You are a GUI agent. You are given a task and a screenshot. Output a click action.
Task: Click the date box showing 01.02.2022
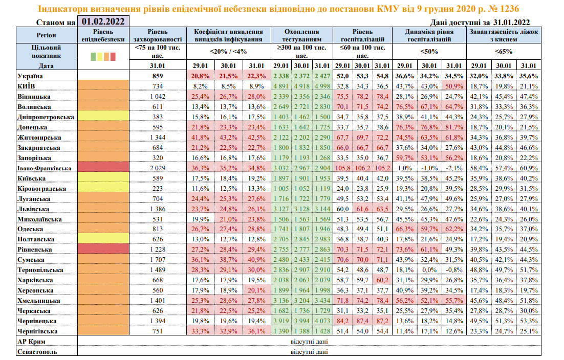(x=102, y=21)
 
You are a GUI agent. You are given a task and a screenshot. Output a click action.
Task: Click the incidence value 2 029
(x=157, y=168)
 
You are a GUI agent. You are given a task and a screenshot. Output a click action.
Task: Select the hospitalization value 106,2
(x=362, y=168)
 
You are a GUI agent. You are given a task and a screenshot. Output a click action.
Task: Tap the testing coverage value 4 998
(x=322, y=86)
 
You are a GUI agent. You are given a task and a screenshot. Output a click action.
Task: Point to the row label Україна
(x=31, y=76)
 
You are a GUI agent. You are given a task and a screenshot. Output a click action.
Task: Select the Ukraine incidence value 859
(x=157, y=76)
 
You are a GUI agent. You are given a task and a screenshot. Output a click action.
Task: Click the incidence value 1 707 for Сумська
(x=157, y=260)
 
